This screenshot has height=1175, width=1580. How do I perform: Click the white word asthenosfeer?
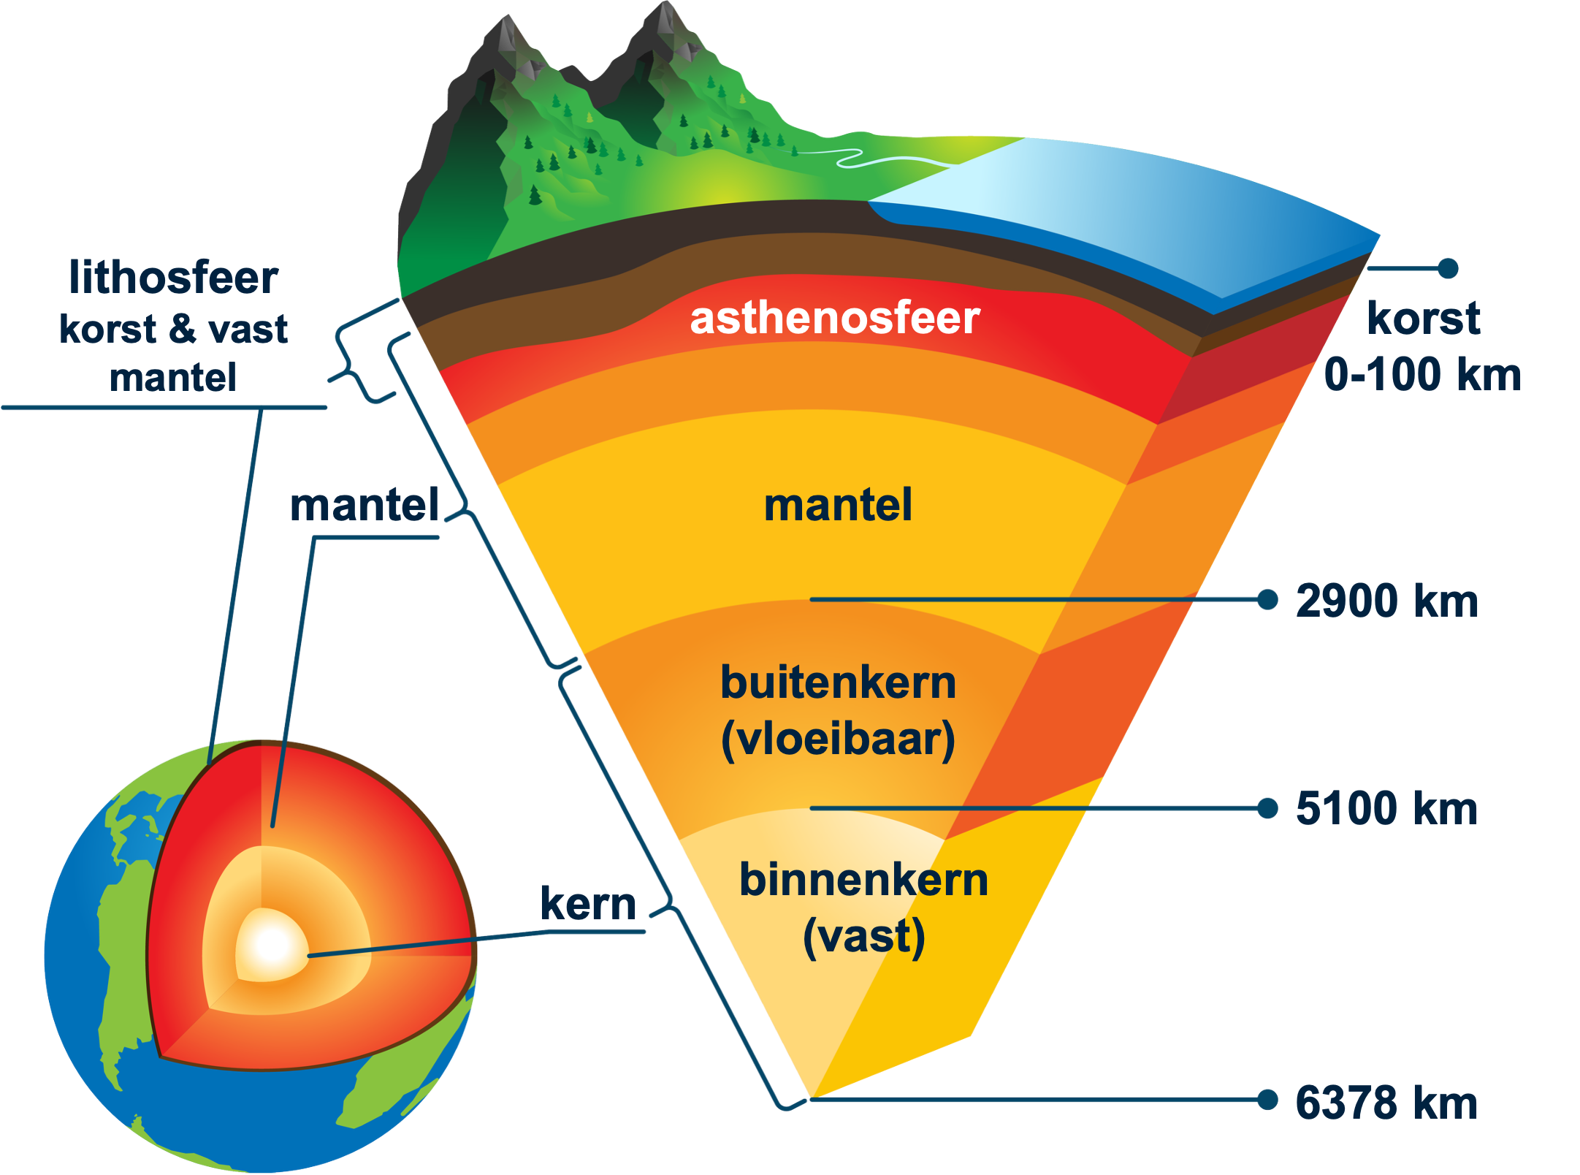pos(835,319)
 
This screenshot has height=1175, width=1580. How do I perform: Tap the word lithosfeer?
pos(174,278)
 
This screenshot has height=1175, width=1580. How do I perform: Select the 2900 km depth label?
pos(1387,601)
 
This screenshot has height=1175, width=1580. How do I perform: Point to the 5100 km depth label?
pos(1387,809)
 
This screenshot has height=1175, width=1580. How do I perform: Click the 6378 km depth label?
pos(1387,1103)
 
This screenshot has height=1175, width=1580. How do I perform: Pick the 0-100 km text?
pos(1422,374)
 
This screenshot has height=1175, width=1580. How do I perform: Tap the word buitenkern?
pos(838,682)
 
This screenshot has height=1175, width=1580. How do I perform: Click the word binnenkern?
pos(863,879)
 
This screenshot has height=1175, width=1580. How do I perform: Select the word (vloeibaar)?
pos(838,739)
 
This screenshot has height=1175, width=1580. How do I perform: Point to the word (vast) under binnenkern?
pos(863,937)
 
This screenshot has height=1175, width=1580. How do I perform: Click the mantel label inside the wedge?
pos(838,505)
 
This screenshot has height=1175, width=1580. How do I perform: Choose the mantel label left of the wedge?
pos(365,505)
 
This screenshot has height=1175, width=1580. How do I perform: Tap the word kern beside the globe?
pos(589,904)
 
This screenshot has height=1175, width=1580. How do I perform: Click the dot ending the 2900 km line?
pos(1268,600)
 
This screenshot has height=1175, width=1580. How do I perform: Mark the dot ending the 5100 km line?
pos(1268,808)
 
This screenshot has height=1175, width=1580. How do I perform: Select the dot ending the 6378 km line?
pos(1268,1099)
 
